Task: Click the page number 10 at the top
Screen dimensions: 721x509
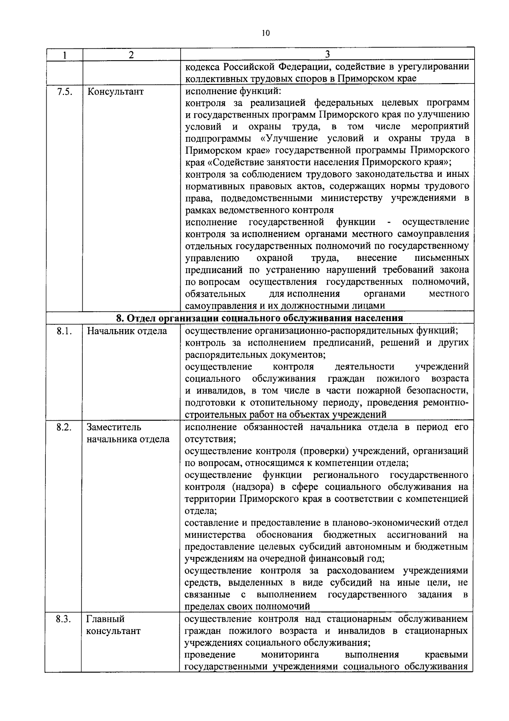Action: point(266,34)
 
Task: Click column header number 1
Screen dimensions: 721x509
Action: point(64,55)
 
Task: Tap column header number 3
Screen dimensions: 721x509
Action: point(327,54)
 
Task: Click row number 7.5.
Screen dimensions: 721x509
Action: point(64,91)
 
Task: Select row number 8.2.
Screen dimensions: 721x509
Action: point(64,427)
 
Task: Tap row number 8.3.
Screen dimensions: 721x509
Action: point(64,619)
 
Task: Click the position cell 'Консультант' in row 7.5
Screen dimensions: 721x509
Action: point(115,91)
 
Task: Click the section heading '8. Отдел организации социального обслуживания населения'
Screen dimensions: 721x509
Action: point(260,318)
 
